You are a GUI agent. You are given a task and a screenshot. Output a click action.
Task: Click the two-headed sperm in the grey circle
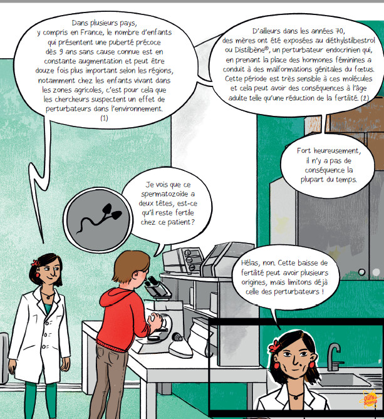click(99, 218)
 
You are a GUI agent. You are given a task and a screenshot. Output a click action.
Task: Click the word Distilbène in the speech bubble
click(251, 50)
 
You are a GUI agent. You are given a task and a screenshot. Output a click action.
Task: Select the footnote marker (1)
click(104, 118)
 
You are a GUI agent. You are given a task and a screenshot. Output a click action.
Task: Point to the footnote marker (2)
click(365, 98)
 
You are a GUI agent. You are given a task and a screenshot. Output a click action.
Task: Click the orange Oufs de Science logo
click(371, 400)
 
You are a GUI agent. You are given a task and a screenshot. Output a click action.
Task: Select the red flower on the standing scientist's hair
click(35, 262)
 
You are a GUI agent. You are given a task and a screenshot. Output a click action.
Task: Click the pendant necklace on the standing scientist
click(48, 296)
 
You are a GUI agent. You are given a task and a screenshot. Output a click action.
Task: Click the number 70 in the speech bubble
click(340, 31)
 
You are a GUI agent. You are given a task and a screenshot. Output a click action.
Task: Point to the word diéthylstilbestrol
click(351, 41)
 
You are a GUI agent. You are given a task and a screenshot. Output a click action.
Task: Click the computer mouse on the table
click(177, 337)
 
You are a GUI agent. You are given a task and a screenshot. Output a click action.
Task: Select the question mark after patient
click(193, 222)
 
